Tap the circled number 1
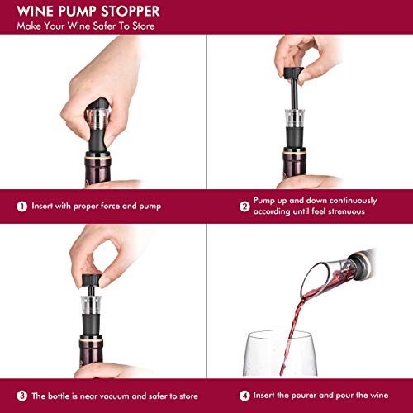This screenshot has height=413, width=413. point(20,206)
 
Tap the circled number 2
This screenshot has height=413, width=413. point(221,206)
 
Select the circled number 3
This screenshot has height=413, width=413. point(20,395)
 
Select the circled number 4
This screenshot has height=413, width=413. point(221,395)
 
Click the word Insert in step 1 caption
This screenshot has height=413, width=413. point(44,206)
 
